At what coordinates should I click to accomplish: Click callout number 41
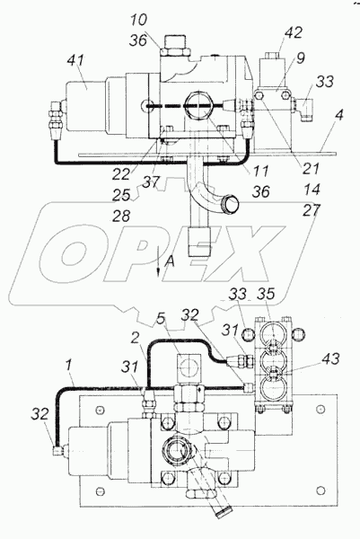point(75,61)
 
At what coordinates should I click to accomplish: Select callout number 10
point(138,21)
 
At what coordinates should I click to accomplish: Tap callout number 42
point(294,32)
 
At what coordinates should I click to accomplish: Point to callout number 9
point(300,58)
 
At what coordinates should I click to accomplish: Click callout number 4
point(339,116)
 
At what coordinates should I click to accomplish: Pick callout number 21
point(312,169)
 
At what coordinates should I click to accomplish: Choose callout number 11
point(260,171)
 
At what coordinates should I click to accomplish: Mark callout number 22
point(121,174)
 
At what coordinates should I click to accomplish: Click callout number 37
point(152,181)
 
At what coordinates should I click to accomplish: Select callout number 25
point(121,195)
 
